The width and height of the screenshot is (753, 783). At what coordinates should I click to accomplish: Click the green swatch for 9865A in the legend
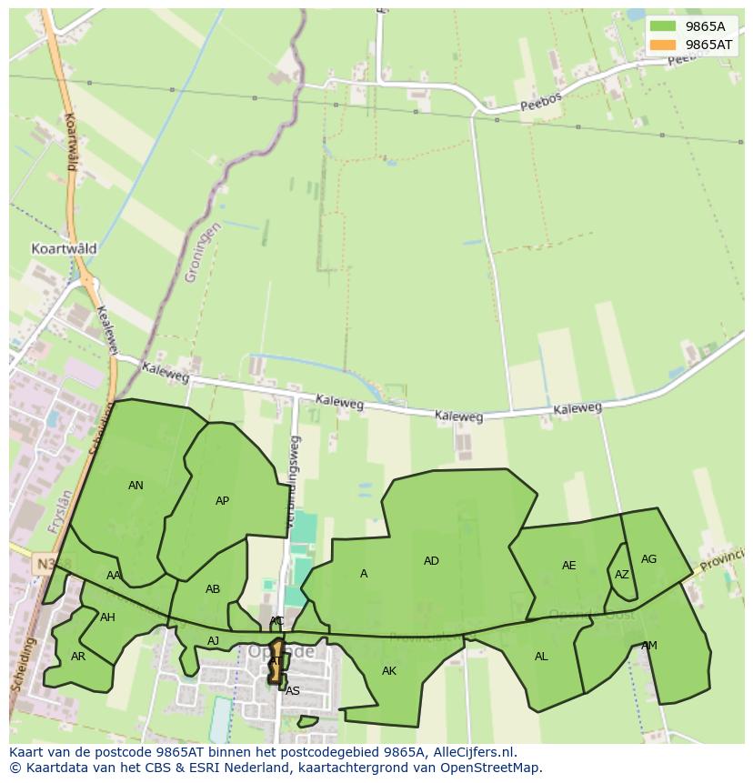tap(663, 26)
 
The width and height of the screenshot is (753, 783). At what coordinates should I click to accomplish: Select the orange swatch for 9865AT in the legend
tap(663, 45)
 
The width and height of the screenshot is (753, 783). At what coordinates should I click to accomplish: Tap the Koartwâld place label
tap(64, 248)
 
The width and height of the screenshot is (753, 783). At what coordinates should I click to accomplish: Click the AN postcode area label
tap(136, 486)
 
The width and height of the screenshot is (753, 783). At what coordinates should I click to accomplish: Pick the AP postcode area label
tap(222, 501)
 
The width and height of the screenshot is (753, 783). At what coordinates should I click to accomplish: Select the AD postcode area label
tap(431, 561)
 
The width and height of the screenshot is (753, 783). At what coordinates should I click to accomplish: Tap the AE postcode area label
tap(568, 566)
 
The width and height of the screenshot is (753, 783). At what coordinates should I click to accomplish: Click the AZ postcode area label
tap(621, 575)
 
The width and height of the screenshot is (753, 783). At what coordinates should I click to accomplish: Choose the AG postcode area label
tap(648, 559)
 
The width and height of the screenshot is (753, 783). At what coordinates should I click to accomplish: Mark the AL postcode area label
tap(541, 657)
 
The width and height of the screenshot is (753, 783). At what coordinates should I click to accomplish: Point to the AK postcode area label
tap(389, 671)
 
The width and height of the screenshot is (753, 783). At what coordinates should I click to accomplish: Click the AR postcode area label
tap(78, 657)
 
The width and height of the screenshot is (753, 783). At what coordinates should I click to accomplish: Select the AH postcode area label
tap(107, 617)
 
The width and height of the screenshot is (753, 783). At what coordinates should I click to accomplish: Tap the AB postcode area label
tap(213, 589)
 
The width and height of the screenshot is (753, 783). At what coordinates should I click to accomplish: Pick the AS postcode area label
tap(292, 691)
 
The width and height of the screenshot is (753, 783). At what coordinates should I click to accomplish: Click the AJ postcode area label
tap(213, 641)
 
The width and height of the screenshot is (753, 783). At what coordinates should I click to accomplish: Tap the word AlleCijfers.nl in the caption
tap(473, 752)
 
